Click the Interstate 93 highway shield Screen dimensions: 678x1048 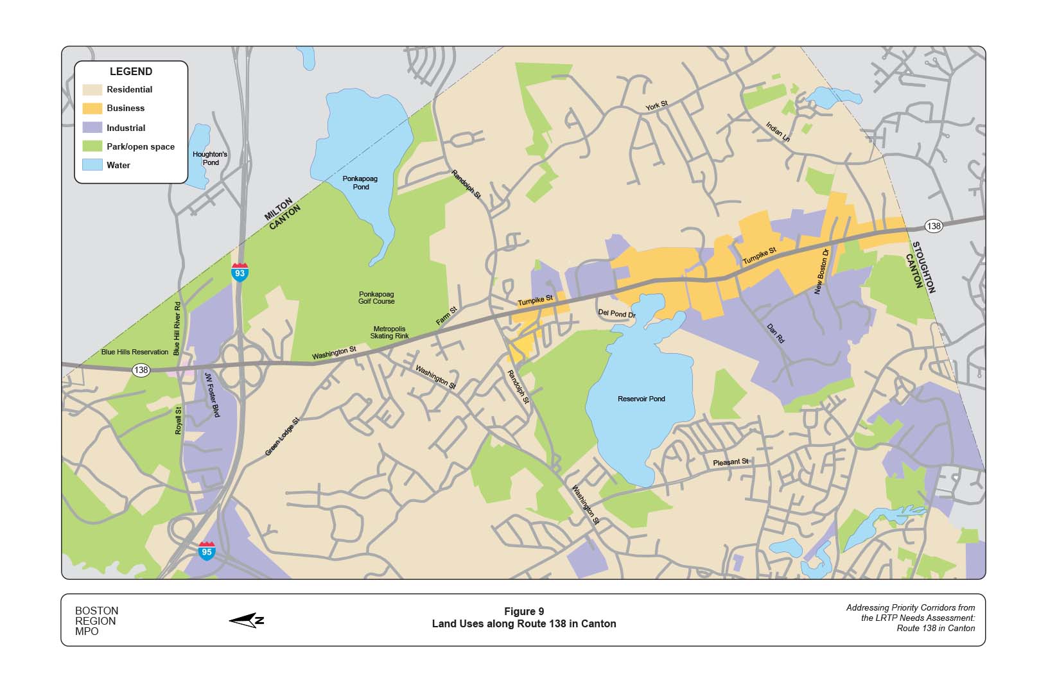[240, 272]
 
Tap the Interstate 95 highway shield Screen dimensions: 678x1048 [206, 551]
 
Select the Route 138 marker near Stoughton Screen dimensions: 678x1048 [933, 225]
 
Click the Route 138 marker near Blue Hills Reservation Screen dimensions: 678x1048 [141, 370]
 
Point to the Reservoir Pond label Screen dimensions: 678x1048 [641, 399]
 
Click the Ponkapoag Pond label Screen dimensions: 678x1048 [360, 182]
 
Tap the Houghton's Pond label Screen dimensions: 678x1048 [210, 158]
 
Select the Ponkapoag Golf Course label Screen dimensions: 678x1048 [376, 297]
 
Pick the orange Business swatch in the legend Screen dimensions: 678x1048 [92, 109]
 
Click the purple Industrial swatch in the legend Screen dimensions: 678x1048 [92, 127]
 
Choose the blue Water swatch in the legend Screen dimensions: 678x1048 [92, 165]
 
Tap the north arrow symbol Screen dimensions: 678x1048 [247, 620]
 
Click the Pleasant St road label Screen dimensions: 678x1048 [730, 462]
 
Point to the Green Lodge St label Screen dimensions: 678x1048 [283, 438]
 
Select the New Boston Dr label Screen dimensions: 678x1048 [822, 271]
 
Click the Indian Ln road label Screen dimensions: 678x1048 [778, 132]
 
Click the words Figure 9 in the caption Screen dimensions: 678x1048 [523, 611]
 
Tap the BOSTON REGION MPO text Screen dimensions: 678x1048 [96, 621]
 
